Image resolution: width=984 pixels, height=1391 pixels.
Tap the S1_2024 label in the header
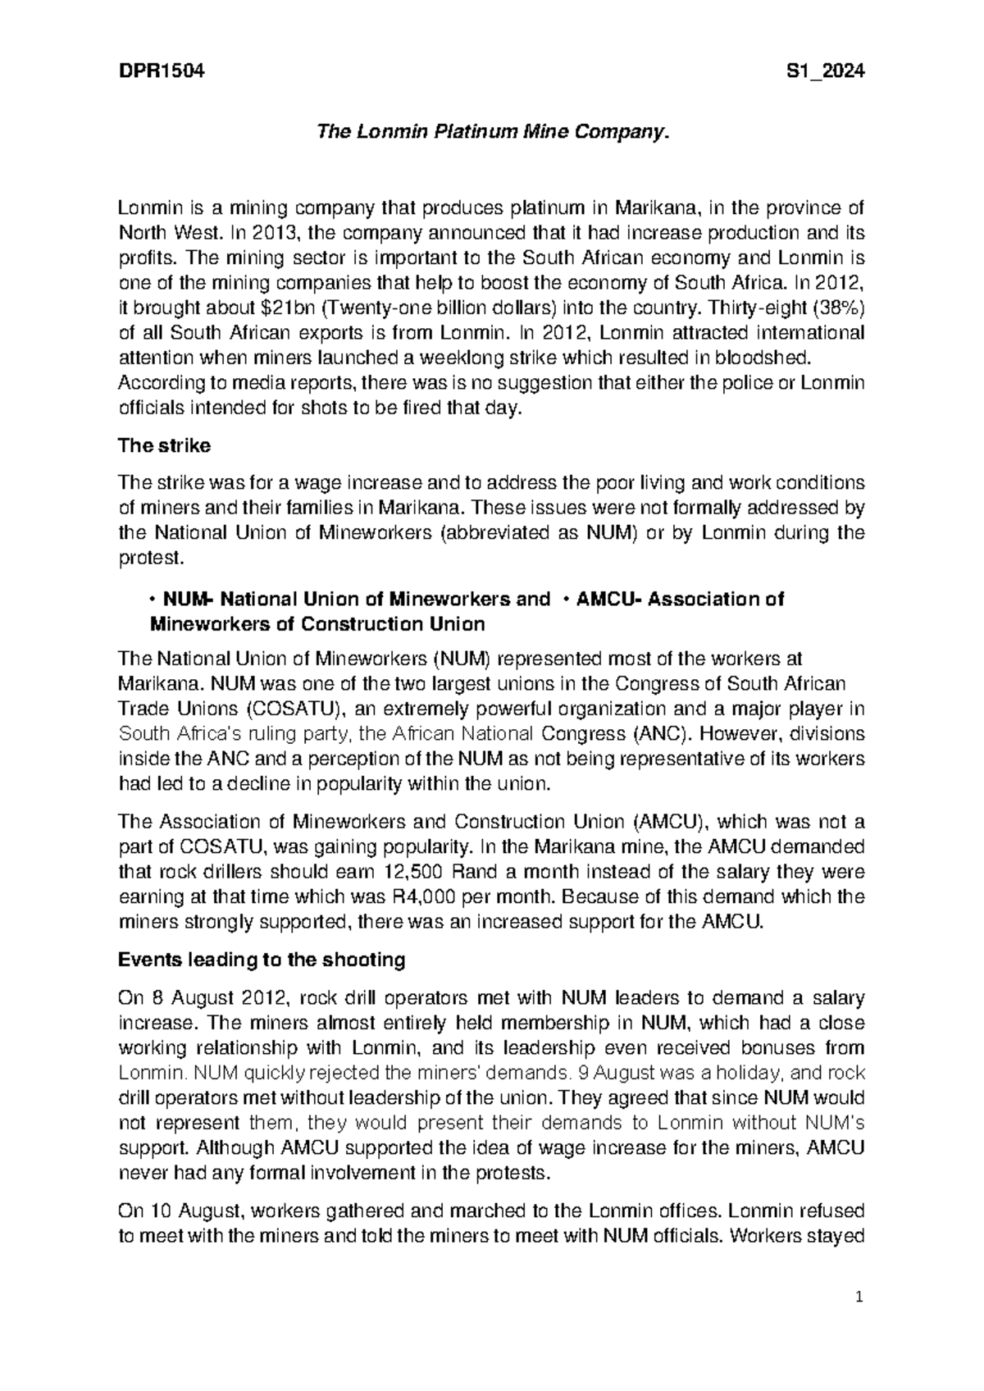coord(825,71)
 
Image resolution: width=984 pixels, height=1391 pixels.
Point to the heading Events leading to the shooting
coord(262,959)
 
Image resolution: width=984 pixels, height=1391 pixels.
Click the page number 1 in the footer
coord(859,1298)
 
